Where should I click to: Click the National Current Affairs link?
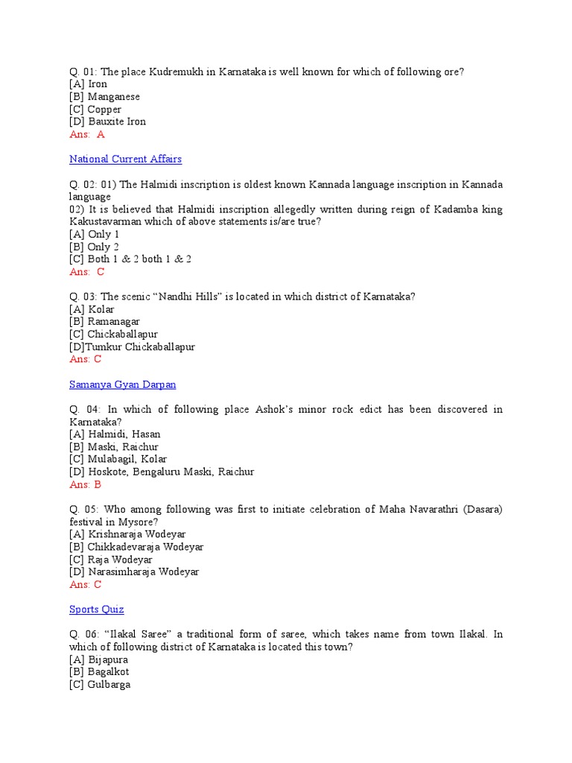tap(125, 159)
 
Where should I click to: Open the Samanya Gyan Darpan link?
tap(122, 384)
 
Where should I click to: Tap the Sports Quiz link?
tap(96, 610)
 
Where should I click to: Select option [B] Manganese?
tap(104, 97)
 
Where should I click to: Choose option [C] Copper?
tap(95, 110)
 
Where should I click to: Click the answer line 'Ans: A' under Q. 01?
tap(86, 134)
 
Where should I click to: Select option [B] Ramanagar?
tap(104, 322)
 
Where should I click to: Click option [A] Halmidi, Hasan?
tap(115, 434)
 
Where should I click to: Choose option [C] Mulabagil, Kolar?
tap(118, 459)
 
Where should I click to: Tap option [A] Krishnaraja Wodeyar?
tap(127, 534)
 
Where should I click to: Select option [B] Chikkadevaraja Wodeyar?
tap(136, 547)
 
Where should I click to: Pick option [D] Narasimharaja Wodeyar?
tap(134, 572)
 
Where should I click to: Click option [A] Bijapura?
tap(98, 659)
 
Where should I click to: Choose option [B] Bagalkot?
tap(99, 672)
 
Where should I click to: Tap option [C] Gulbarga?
tap(99, 685)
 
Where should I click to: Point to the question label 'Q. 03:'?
tap(83, 297)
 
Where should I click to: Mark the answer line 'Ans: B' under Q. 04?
tap(85, 484)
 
